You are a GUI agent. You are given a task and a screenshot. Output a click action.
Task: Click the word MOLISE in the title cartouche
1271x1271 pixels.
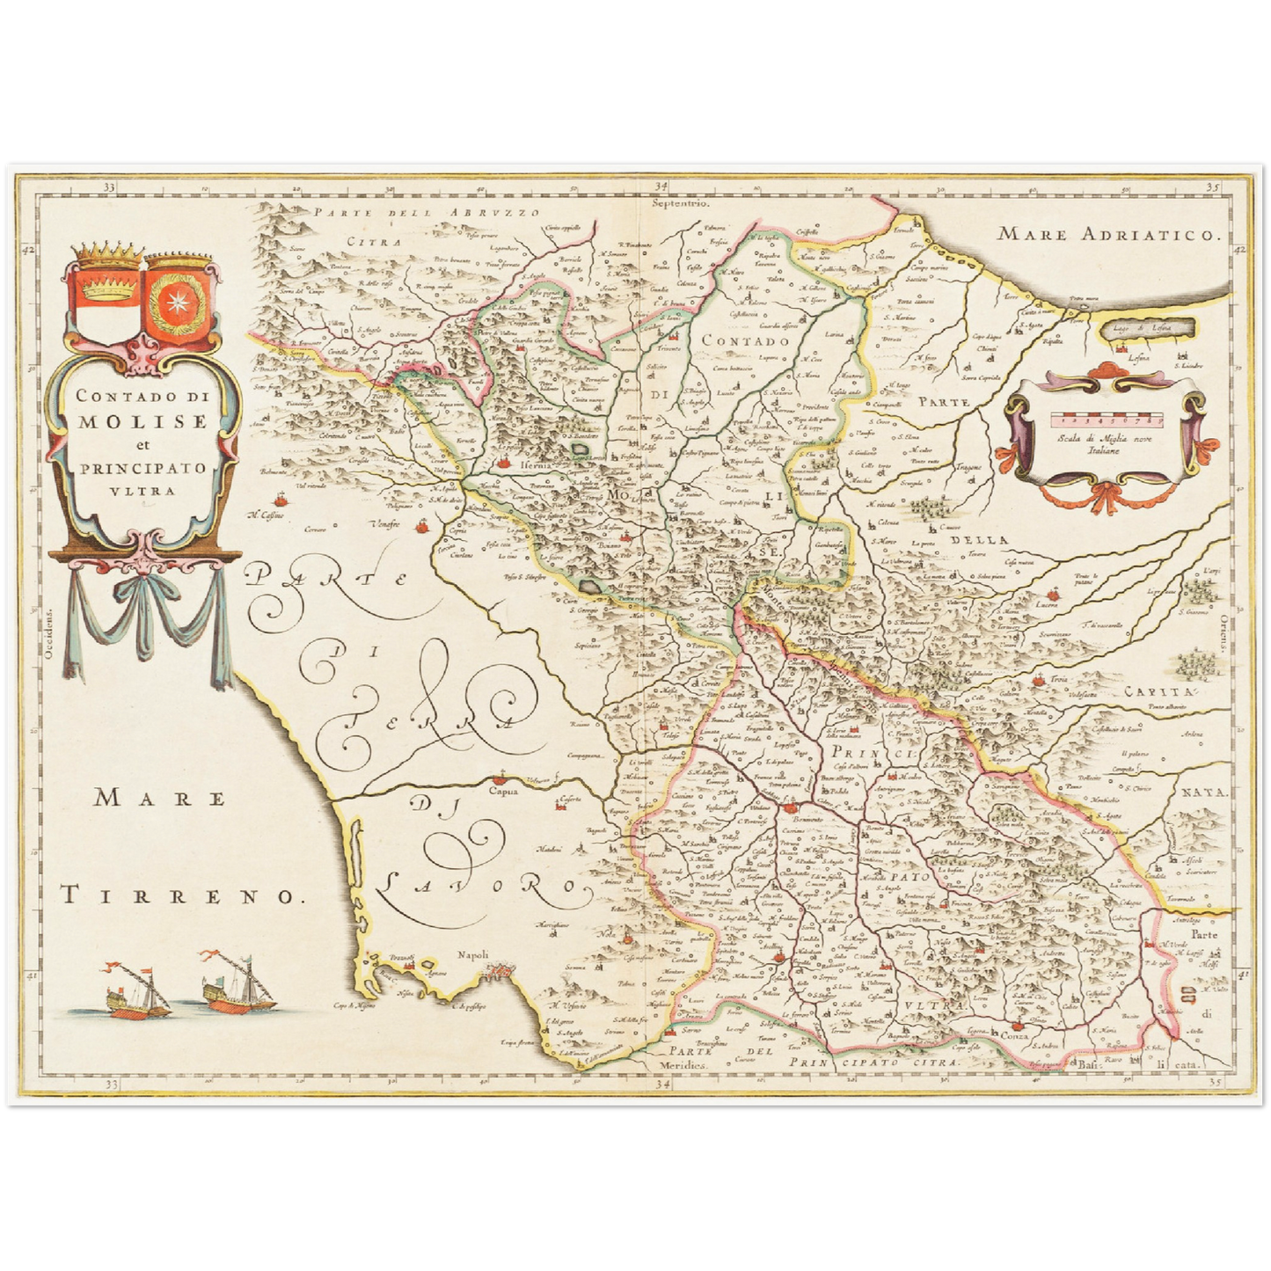142,421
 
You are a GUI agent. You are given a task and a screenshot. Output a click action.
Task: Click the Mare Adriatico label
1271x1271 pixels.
1110,235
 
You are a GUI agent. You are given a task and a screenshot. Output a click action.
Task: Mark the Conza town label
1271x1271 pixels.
1013,1035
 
